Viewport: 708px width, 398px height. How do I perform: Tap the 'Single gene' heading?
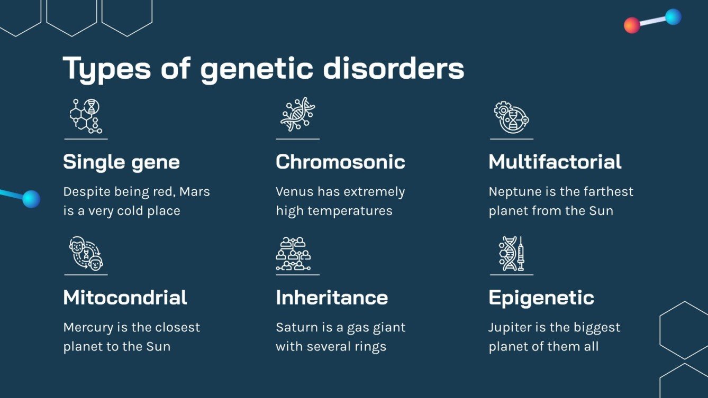(x=121, y=162)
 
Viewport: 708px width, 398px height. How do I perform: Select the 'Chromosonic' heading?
(x=340, y=162)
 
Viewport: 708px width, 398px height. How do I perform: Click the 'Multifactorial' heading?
(x=555, y=162)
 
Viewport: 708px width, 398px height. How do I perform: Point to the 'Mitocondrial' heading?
(x=125, y=298)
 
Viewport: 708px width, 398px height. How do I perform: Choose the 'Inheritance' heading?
(x=332, y=298)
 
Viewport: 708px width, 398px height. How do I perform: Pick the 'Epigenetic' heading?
(x=541, y=298)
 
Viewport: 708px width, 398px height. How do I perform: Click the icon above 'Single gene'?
(x=86, y=116)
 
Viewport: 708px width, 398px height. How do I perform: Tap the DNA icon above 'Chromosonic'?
(x=297, y=115)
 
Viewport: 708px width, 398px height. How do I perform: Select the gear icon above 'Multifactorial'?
(x=511, y=117)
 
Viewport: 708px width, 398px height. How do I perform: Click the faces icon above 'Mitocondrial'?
(x=86, y=253)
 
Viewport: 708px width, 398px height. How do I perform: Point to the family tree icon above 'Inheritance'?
(x=293, y=254)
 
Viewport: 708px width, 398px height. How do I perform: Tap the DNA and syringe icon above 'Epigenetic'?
(x=511, y=253)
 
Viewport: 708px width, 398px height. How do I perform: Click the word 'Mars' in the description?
(x=195, y=192)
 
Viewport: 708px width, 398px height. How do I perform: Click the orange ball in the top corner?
(x=632, y=25)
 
